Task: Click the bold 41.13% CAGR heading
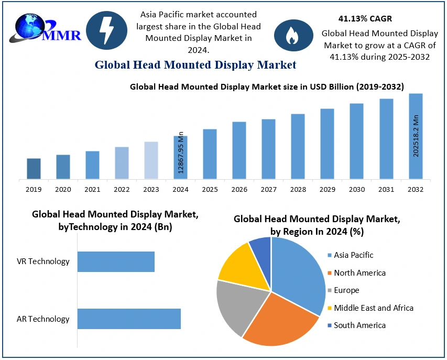[x=365, y=19]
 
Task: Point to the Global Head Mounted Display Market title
[x=195, y=65]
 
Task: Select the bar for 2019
[x=34, y=169]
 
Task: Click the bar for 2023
[x=151, y=160]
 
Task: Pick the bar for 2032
[x=416, y=136]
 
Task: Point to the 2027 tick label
[x=269, y=189]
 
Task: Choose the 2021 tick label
[x=92, y=189]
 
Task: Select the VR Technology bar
[x=116, y=261]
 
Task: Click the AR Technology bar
[x=129, y=319]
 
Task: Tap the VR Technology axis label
[x=43, y=261]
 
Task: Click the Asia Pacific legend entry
[x=354, y=255]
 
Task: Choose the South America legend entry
[x=359, y=325]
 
